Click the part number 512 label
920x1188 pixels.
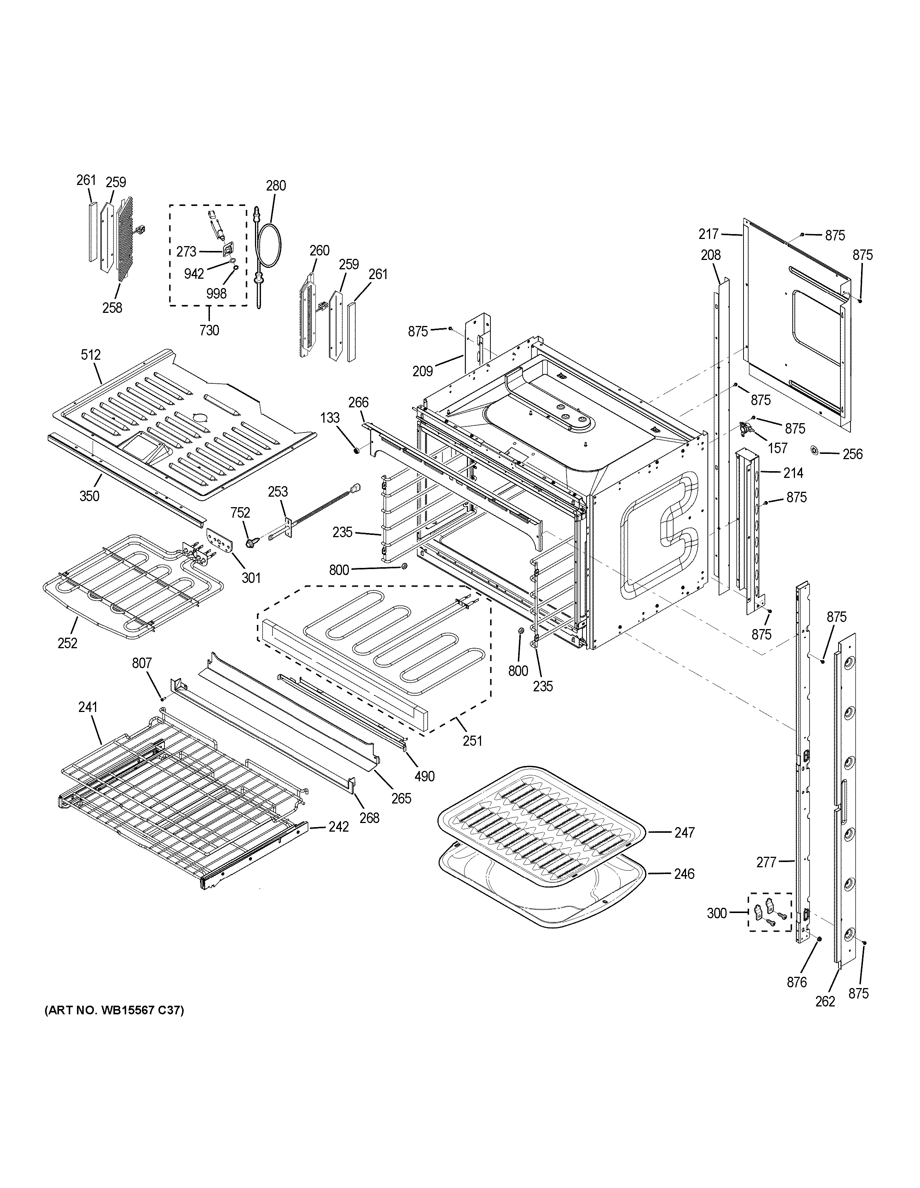[91, 355]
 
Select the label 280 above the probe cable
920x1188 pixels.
[276, 185]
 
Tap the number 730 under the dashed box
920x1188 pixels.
[209, 330]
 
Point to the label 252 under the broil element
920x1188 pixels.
[68, 643]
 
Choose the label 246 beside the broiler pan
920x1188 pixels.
[684, 874]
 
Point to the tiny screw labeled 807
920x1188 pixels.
[163, 698]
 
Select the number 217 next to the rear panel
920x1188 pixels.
[709, 234]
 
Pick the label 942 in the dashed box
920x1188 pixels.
[193, 273]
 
